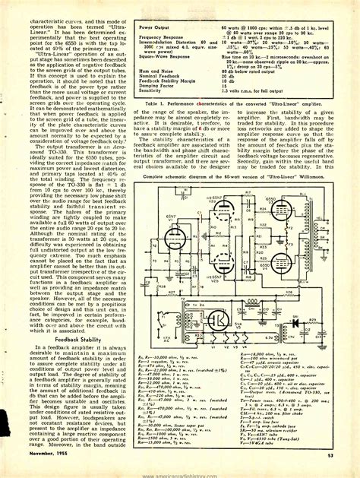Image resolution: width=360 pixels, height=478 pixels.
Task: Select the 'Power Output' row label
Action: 155,28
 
